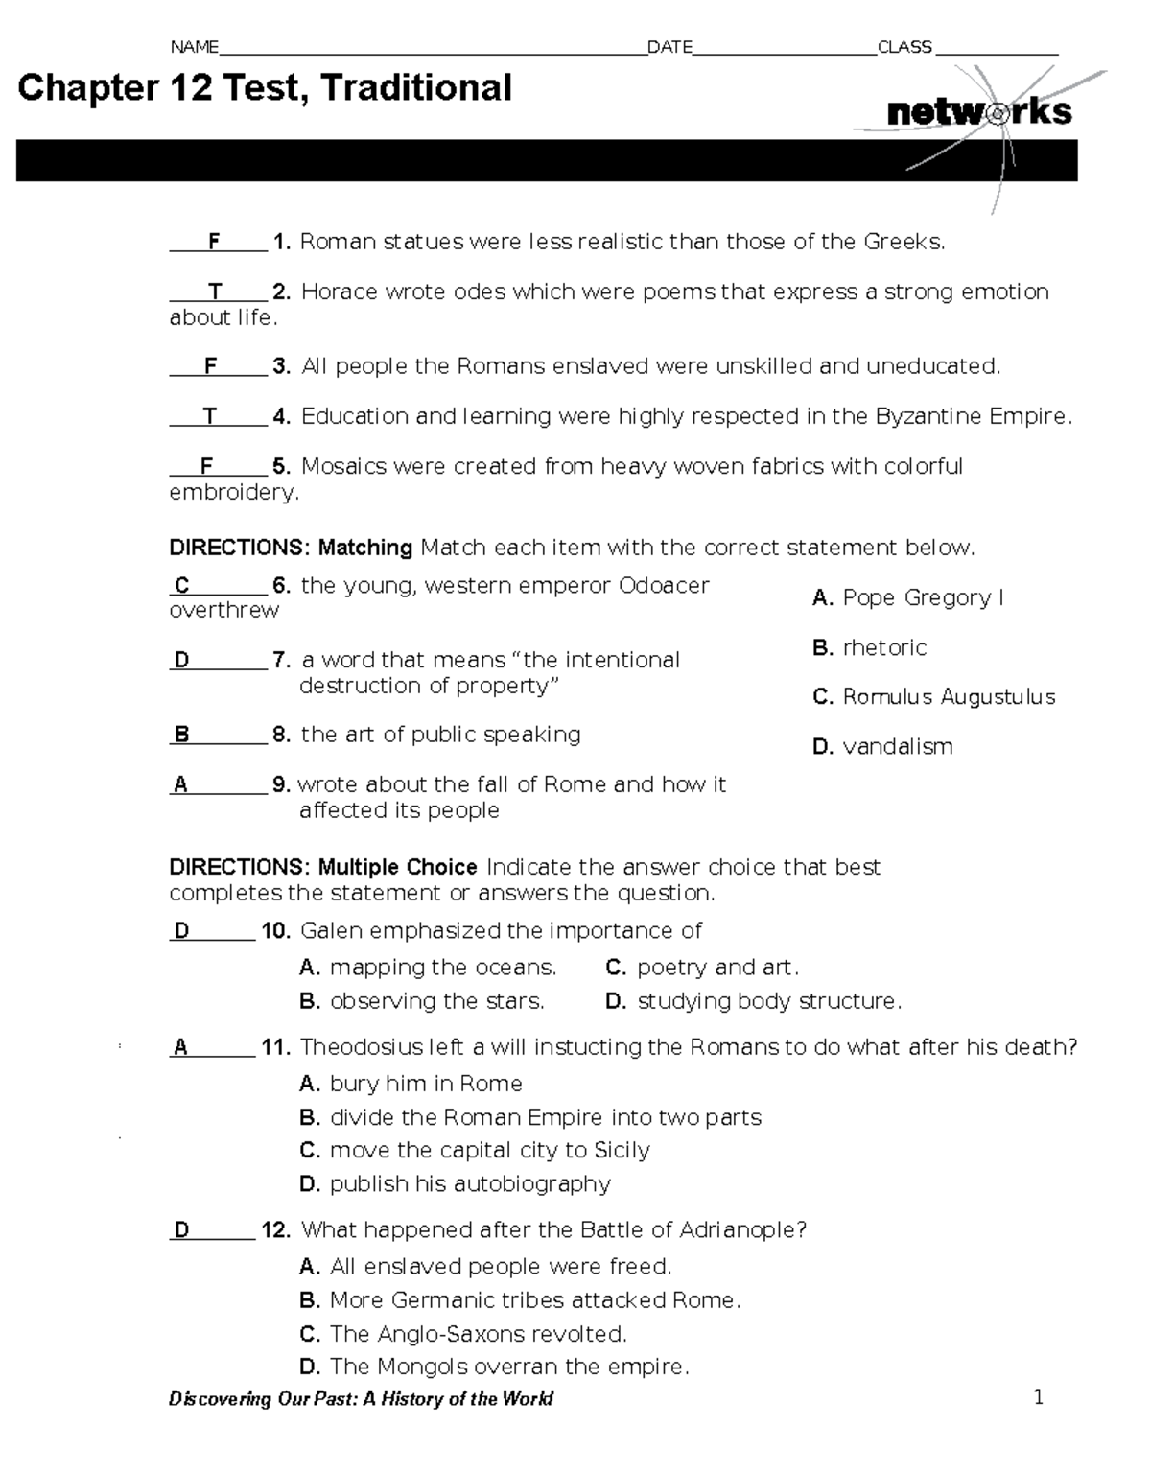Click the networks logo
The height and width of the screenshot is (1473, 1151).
(x=978, y=112)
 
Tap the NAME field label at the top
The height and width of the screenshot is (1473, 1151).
(x=194, y=47)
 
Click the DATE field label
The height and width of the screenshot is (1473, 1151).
(x=669, y=47)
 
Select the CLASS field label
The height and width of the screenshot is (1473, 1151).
(x=904, y=47)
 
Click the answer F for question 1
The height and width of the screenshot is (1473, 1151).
(x=214, y=242)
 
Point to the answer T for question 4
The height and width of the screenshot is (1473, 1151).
(x=210, y=416)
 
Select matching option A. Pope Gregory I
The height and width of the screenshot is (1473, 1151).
(x=907, y=597)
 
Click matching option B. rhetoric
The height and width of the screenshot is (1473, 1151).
(x=869, y=647)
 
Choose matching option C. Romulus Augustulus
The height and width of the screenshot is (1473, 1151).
(x=933, y=697)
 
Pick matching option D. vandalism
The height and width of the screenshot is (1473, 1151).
(x=882, y=746)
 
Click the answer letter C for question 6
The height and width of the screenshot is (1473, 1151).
(x=182, y=585)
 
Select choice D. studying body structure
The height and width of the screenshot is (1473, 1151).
(x=754, y=1001)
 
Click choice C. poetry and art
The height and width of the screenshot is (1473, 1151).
(x=702, y=967)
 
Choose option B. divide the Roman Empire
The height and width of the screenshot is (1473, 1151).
(x=530, y=1117)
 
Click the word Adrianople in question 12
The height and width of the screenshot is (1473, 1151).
(x=737, y=1229)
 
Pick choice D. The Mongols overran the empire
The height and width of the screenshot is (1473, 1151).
(x=494, y=1366)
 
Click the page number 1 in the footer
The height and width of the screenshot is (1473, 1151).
(x=1038, y=1397)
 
